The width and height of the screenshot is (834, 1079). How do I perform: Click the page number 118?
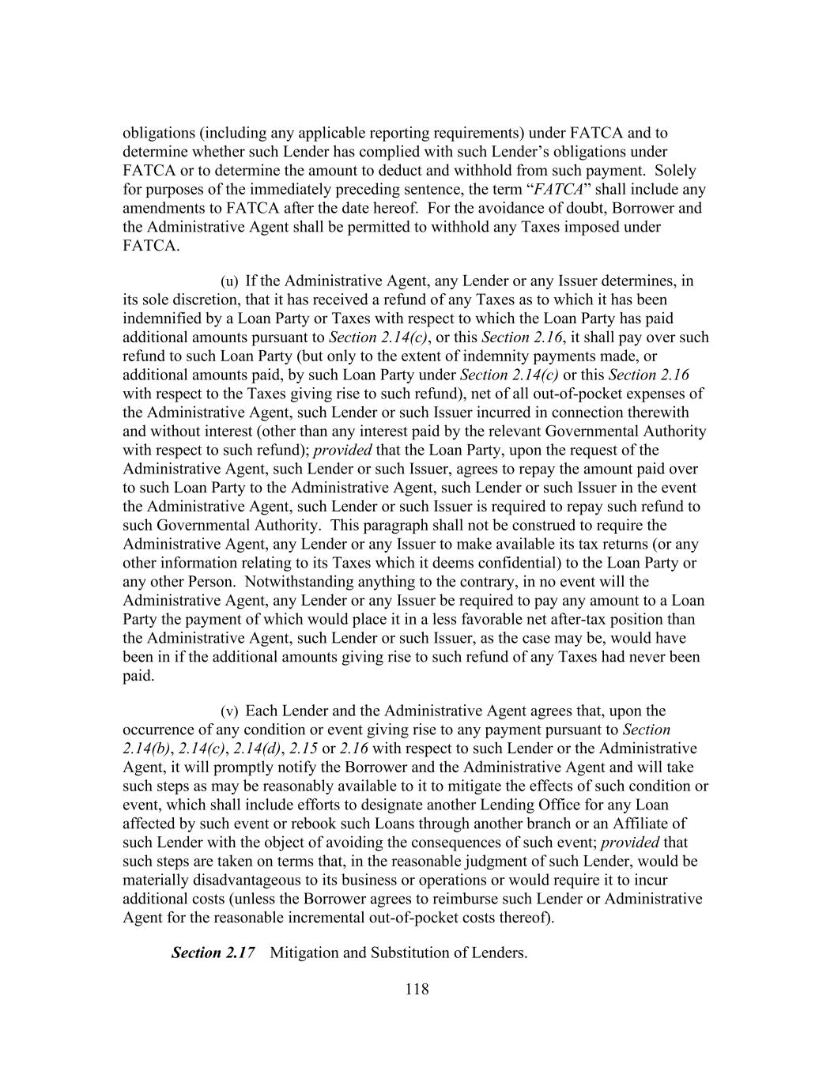[417, 989]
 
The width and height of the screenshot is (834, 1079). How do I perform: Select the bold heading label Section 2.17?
[213, 953]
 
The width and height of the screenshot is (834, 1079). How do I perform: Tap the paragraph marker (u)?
[228, 281]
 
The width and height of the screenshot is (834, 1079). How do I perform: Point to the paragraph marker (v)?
[228, 711]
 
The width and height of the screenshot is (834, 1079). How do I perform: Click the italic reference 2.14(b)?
[146, 749]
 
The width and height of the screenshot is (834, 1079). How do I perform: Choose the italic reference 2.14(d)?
[257, 749]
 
